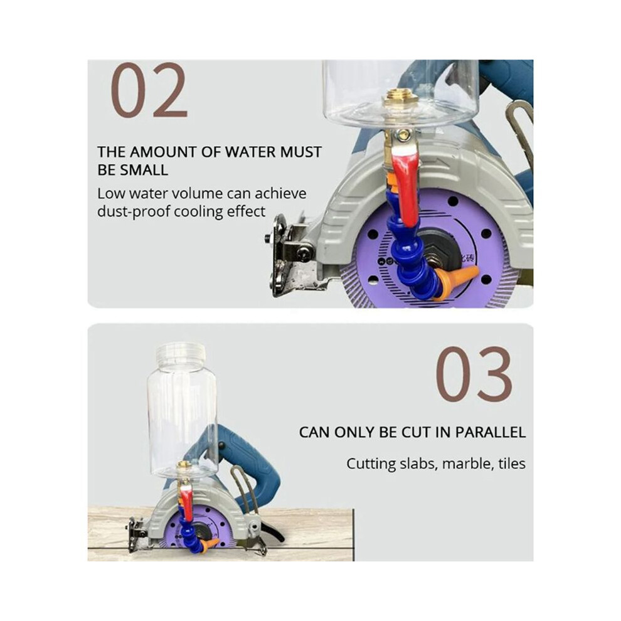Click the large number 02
pyautogui.click(x=149, y=90)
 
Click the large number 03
pyautogui.click(x=474, y=374)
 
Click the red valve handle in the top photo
pyautogui.click(x=406, y=182)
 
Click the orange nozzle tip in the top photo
pyautogui.click(x=459, y=278)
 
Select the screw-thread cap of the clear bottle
pyautogui.click(x=181, y=354)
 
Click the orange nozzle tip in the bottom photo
pyautogui.click(x=210, y=544)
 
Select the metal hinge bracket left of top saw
pyautogui.click(x=289, y=253)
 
